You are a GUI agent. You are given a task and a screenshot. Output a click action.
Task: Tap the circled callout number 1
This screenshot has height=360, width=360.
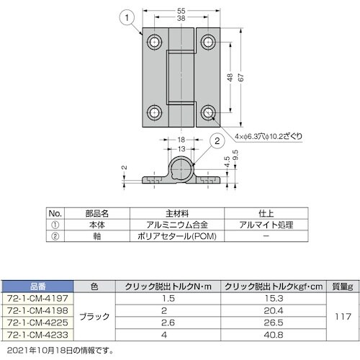(126, 14)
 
